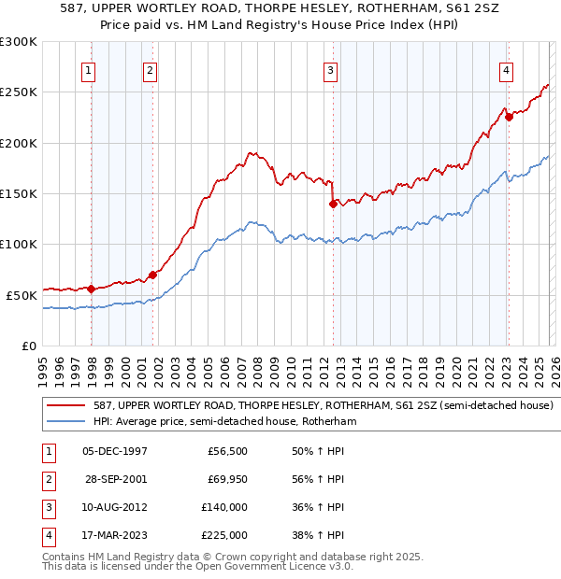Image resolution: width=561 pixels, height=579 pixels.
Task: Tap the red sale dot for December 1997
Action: click(91, 289)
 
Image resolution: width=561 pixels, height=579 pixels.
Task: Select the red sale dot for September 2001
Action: click(152, 275)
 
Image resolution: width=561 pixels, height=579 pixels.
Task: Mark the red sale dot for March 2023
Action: click(508, 118)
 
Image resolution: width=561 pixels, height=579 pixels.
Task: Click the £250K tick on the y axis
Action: click(19, 92)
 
